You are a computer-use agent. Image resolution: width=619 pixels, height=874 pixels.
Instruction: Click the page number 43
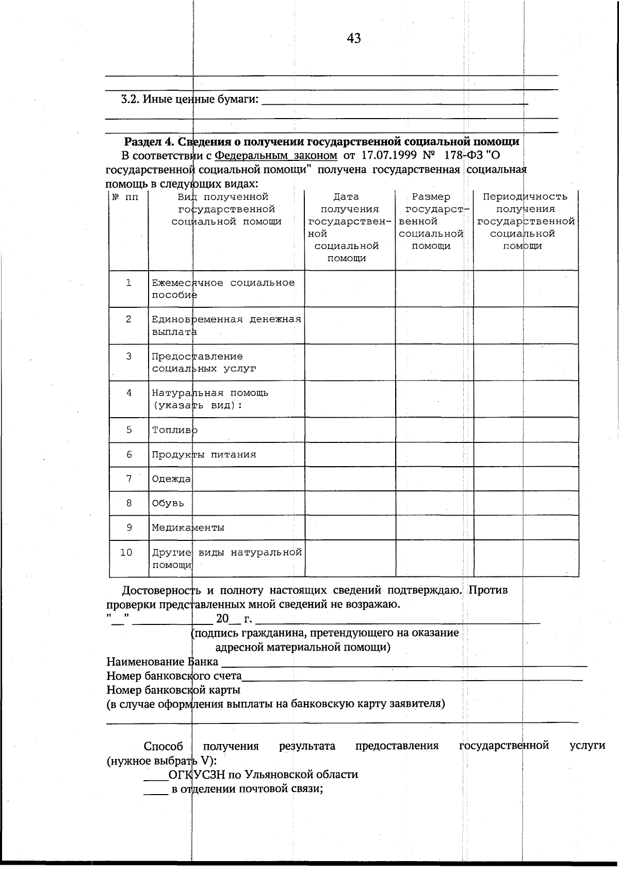click(354, 39)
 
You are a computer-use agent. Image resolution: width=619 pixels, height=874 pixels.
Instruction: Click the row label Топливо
click(174, 430)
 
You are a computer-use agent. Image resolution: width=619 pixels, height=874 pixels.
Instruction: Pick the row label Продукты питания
click(204, 455)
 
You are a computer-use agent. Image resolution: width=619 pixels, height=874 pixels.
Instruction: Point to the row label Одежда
click(171, 479)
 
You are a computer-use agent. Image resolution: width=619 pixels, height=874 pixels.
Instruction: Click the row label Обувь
click(168, 503)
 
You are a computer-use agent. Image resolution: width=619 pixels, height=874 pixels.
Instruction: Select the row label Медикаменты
click(188, 528)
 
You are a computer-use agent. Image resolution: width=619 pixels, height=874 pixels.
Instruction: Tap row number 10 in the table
click(126, 553)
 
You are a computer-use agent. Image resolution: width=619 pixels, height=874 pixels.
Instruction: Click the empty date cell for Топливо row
click(350, 430)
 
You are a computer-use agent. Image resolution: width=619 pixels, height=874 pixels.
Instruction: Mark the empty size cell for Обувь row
click(434, 503)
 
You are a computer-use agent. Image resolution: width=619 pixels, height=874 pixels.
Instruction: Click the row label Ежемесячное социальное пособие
click(223, 289)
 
